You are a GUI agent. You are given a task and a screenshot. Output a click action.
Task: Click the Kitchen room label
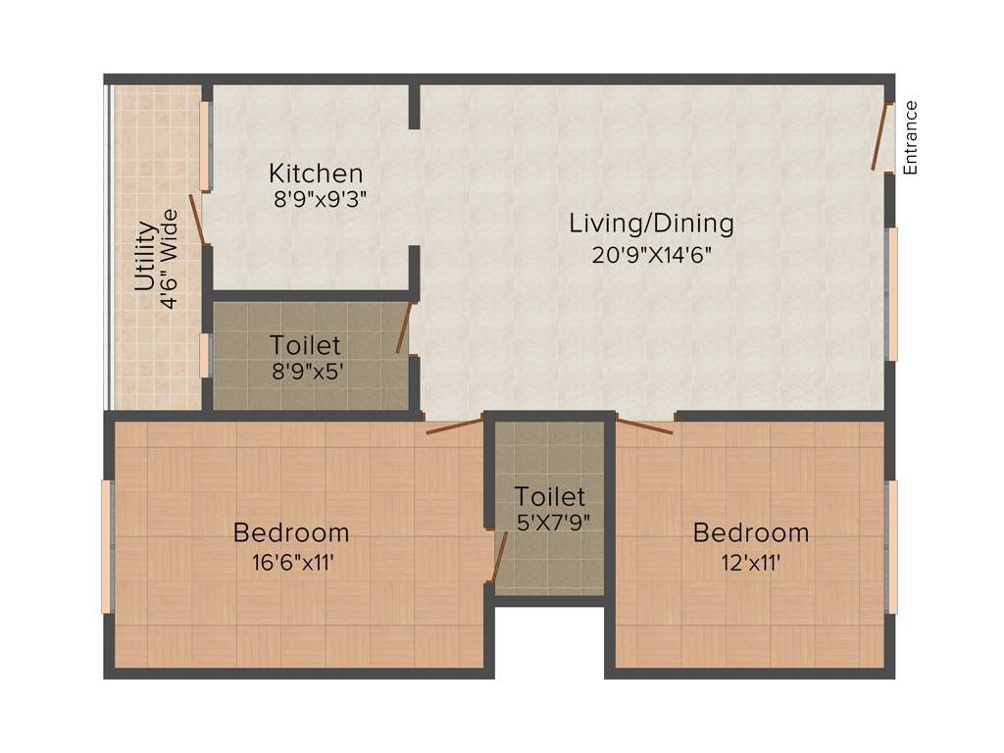coord(316,175)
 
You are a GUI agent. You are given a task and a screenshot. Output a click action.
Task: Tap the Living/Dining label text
coord(651,224)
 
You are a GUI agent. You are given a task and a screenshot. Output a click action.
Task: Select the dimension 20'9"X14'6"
coord(651,255)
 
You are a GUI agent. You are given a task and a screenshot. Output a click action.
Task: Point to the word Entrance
coord(910,137)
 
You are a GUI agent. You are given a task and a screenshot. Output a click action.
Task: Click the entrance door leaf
coord(879,136)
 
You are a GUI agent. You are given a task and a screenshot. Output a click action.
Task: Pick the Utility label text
coord(145,257)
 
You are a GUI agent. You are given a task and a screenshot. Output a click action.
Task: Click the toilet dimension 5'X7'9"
coord(552,522)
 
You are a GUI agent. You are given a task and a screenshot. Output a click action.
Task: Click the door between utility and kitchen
coord(198,219)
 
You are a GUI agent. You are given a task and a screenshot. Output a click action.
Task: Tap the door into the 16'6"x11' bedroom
coord(455,425)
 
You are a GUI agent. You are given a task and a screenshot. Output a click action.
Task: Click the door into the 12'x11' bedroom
coord(644,425)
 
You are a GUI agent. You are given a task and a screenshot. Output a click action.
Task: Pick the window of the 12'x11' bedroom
coord(891,547)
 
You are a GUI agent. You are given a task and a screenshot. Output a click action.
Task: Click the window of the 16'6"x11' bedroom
coord(107,547)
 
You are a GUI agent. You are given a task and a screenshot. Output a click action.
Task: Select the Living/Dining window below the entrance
coord(891,294)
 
